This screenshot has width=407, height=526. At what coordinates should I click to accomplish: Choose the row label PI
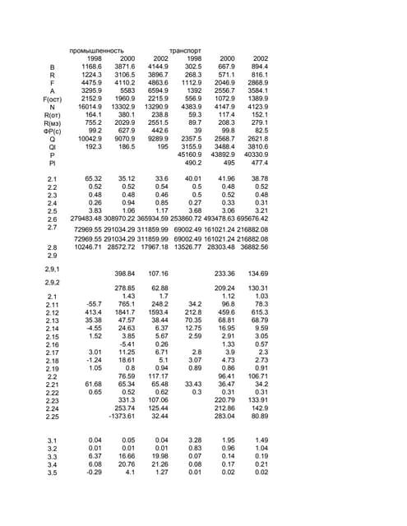52,163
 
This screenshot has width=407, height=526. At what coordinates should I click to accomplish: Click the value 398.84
124,272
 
